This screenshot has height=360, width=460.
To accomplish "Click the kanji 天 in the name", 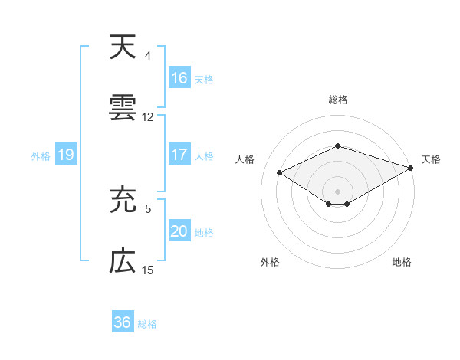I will tap(123, 47).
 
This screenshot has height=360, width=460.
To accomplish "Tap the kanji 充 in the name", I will tap(123, 201).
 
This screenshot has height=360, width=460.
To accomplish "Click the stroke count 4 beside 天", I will tap(148, 56).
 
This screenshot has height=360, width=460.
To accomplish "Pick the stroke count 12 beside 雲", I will tap(148, 117).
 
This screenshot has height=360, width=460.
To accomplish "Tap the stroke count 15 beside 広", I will tap(148, 270).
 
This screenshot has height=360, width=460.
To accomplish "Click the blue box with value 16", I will tap(179, 77).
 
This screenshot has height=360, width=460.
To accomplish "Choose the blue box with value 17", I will tap(179, 155).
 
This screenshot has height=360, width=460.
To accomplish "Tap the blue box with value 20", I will tap(179, 231).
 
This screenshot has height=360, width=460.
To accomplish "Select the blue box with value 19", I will tap(66, 155).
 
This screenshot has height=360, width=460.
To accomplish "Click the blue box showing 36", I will tap(123, 322).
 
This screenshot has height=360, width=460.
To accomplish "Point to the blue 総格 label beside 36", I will tap(147, 324).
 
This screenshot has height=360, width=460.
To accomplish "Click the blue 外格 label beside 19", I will tap(41, 155).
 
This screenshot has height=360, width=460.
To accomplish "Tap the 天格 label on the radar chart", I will tap(431, 159).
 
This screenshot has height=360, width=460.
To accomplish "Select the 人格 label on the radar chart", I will tap(245, 159).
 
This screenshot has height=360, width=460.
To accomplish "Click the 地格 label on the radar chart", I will tap(402, 262).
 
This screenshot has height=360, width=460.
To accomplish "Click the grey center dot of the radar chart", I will tap(338, 190).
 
